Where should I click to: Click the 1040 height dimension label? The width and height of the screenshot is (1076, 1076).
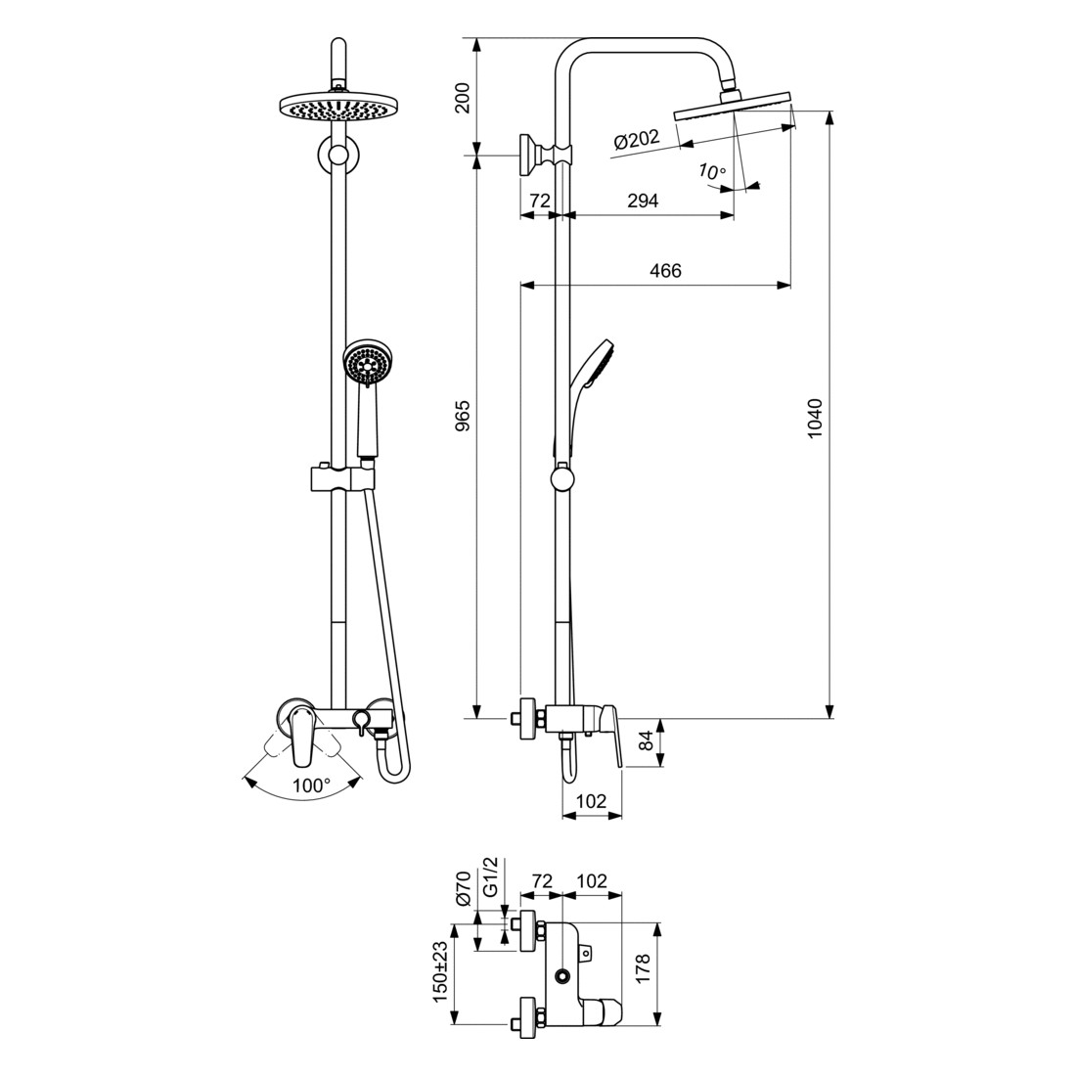tap(814, 418)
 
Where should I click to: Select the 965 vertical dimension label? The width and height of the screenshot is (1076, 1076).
tap(464, 416)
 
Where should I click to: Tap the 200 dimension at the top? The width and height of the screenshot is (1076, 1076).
tap(464, 98)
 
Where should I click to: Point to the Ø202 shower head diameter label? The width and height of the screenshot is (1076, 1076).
tap(637, 139)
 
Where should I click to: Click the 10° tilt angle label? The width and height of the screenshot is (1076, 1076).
tap(711, 171)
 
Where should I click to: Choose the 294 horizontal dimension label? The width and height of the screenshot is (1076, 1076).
tap(643, 201)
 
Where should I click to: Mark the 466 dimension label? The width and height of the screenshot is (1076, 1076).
tap(665, 270)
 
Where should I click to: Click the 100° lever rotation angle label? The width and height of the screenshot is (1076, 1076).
tap(311, 785)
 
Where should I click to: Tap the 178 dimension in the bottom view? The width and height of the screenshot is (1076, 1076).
tap(643, 968)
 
